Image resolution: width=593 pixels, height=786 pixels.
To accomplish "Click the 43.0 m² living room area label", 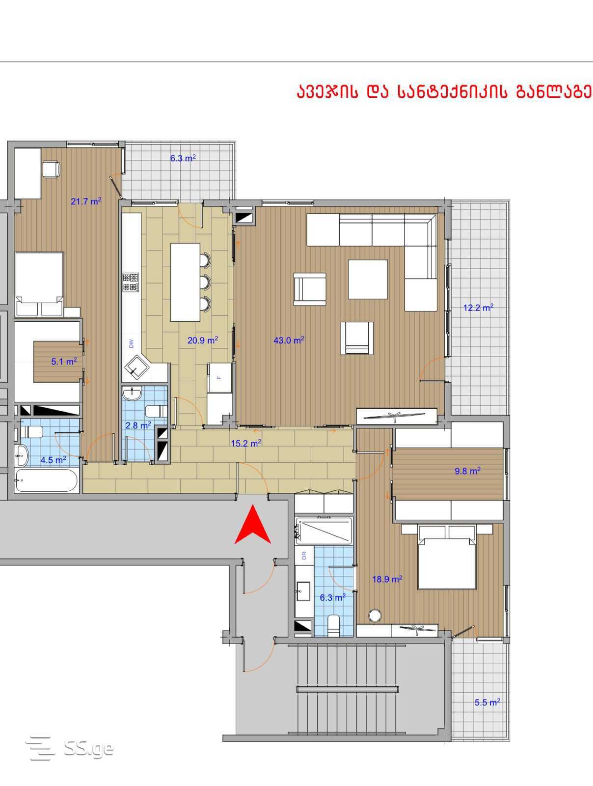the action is click(x=289, y=340).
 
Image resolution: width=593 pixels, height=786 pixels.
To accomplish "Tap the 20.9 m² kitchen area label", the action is click(x=202, y=340).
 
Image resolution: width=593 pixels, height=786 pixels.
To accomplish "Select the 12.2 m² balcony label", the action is click(x=478, y=307).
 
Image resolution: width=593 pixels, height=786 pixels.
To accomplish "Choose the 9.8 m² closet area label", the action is click(x=467, y=471).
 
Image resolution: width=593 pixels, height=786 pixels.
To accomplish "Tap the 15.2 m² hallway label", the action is click(x=246, y=443).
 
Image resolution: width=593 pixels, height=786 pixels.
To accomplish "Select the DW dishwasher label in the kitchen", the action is click(x=131, y=343).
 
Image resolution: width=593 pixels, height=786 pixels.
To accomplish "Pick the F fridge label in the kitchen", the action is click(x=219, y=377).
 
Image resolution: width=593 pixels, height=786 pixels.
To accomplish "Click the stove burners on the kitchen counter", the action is click(x=131, y=282).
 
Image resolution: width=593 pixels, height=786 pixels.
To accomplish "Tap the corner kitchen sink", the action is click(x=135, y=366).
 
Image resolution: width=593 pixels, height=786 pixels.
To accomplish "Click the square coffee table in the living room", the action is click(x=368, y=280).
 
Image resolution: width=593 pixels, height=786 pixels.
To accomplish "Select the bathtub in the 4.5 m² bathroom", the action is click(x=46, y=480).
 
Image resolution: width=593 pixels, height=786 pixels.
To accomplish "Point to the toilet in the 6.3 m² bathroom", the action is click(x=334, y=625).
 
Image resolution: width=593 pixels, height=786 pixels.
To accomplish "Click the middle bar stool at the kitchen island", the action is click(x=205, y=282).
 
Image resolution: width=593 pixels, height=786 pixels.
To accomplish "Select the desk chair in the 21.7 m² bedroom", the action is click(x=52, y=169).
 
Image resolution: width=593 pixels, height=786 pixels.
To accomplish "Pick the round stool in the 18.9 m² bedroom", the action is click(x=375, y=616).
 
